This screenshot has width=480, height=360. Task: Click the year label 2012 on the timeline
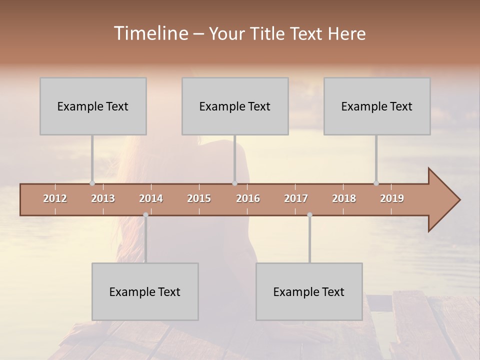click(55, 198)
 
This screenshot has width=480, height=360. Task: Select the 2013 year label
click(103, 198)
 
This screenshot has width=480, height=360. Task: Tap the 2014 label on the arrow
click(151, 198)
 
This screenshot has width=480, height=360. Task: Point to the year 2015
click(199, 198)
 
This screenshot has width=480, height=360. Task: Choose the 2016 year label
click(248, 198)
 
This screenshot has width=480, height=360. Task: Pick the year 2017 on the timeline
click(296, 198)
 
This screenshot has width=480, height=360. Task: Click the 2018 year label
click(344, 198)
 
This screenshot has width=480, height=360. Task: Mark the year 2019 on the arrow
click(392, 198)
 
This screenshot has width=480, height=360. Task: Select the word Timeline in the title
click(150, 33)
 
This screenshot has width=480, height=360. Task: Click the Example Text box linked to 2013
click(93, 106)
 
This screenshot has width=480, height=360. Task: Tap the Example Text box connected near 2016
click(235, 106)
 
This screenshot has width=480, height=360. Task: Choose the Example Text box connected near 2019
click(377, 106)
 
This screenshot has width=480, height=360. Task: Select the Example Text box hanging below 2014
click(145, 291)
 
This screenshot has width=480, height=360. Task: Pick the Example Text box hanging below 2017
click(309, 291)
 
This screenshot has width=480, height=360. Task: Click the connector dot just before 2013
click(92, 183)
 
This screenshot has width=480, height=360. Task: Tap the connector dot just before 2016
click(234, 183)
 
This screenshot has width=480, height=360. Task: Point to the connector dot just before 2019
click(376, 183)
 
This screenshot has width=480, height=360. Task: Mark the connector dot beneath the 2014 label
click(145, 215)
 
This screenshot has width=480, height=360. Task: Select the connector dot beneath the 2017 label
click(309, 215)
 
